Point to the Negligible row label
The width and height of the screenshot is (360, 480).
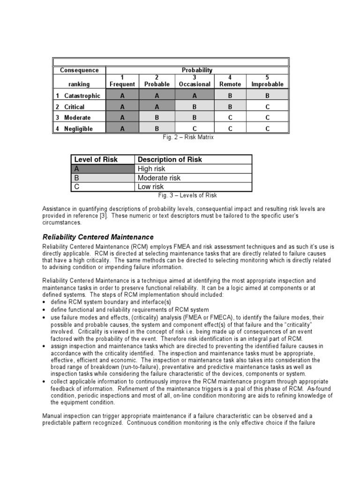click(78, 128)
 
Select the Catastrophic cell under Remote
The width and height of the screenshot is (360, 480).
click(230, 96)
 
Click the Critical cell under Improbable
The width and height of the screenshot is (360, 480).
click(267, 107)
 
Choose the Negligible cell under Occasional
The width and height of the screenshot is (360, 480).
click(194, 128)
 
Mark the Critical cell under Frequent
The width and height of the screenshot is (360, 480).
click(122, 107)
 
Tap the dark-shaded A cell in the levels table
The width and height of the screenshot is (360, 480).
click(103, 169)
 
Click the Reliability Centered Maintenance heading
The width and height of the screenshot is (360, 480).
click(97, 237)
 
